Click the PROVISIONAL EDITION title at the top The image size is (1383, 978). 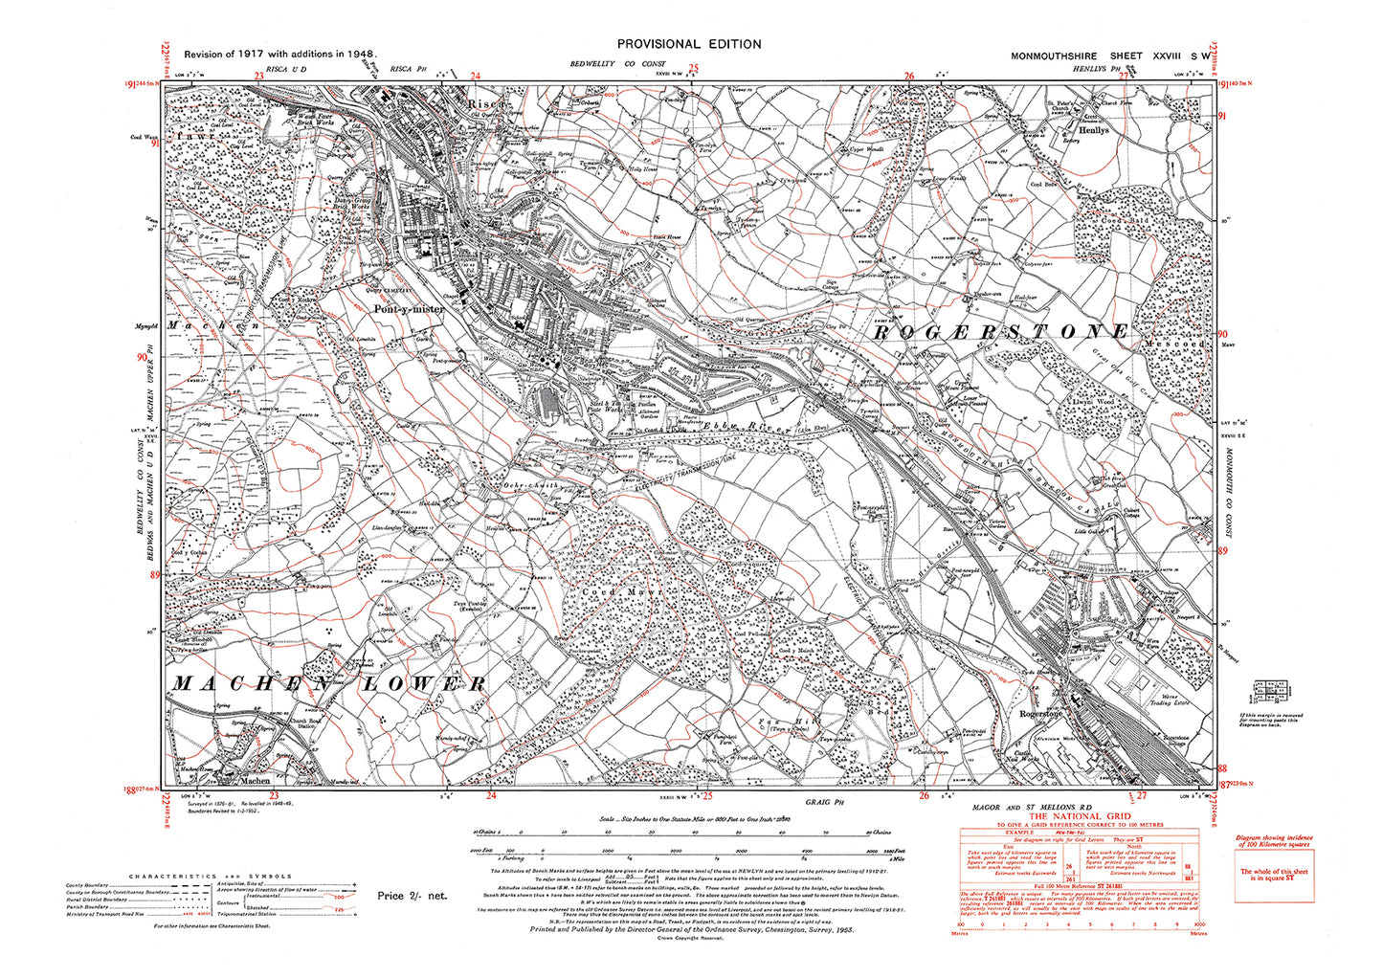pyautogui.click(x=689, y=44)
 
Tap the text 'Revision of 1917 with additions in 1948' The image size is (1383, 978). pyautogui.click(x=279, y=56)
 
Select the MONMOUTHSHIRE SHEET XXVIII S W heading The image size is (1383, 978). pyautogui.click(x=1109, y=56)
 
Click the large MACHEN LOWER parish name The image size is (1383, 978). pyautogui.click(x=328, y=683)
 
